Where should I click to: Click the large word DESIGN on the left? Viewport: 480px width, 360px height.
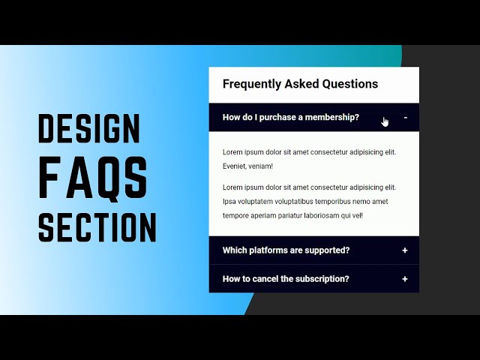88,130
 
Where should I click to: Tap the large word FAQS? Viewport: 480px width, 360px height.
93,178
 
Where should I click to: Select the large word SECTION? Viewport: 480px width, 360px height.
97,227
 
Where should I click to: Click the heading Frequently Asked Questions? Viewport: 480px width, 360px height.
300,84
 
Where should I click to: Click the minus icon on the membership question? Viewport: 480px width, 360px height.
405,117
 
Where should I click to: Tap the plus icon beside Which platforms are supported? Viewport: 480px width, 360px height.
405,250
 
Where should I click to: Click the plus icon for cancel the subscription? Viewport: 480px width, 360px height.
405,279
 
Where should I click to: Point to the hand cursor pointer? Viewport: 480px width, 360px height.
385,121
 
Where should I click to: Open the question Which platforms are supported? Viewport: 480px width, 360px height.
286,250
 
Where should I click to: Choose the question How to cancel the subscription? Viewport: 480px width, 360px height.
286,279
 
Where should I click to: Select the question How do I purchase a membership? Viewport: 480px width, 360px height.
290,117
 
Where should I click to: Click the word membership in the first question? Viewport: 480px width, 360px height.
332,117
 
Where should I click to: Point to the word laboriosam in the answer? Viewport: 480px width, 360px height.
325,216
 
